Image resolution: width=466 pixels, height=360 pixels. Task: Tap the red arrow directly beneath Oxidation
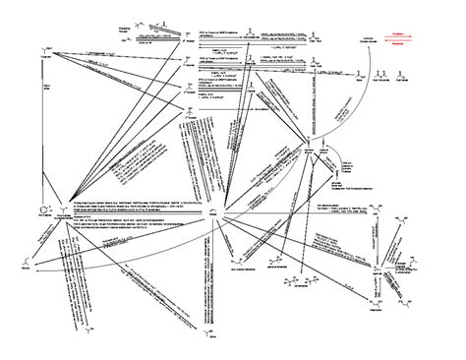pos(398,36)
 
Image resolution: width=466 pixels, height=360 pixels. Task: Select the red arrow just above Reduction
pos(398,39)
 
